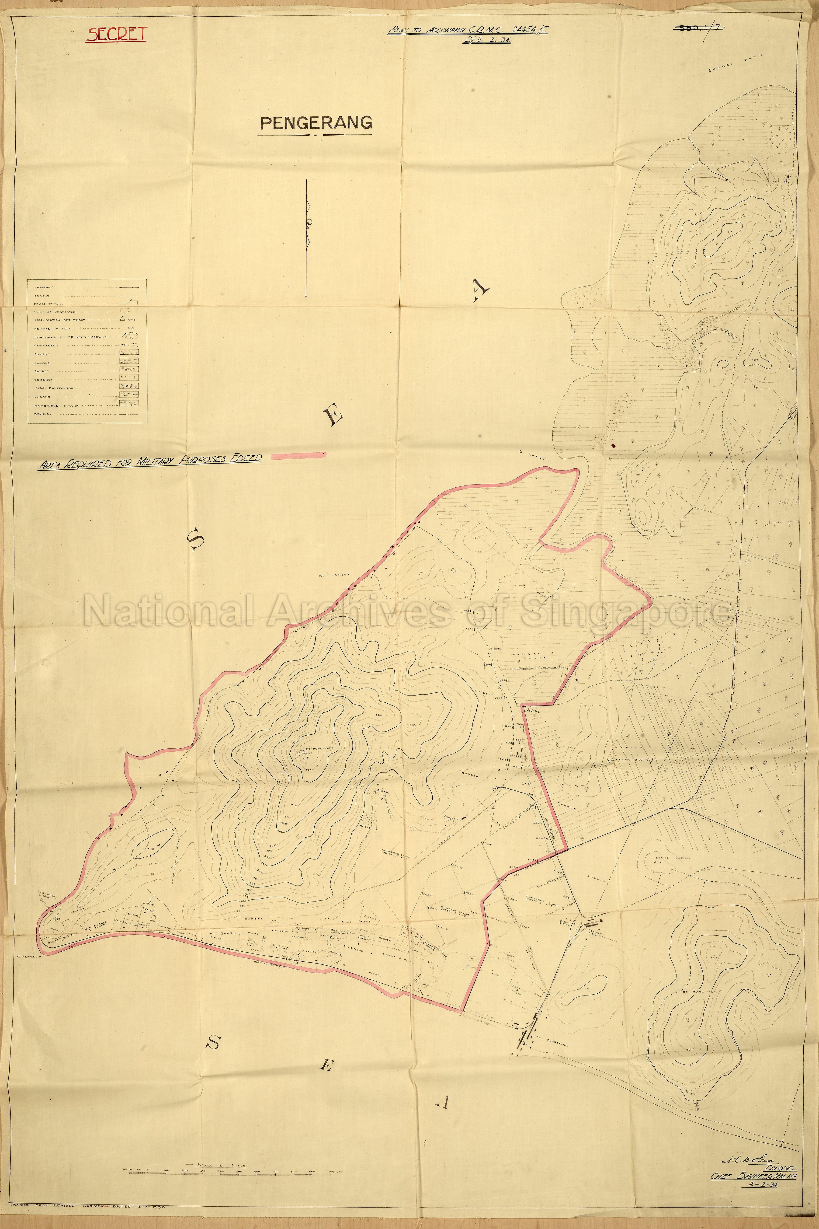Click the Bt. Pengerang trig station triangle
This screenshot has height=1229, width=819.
(x=303, y=754)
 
